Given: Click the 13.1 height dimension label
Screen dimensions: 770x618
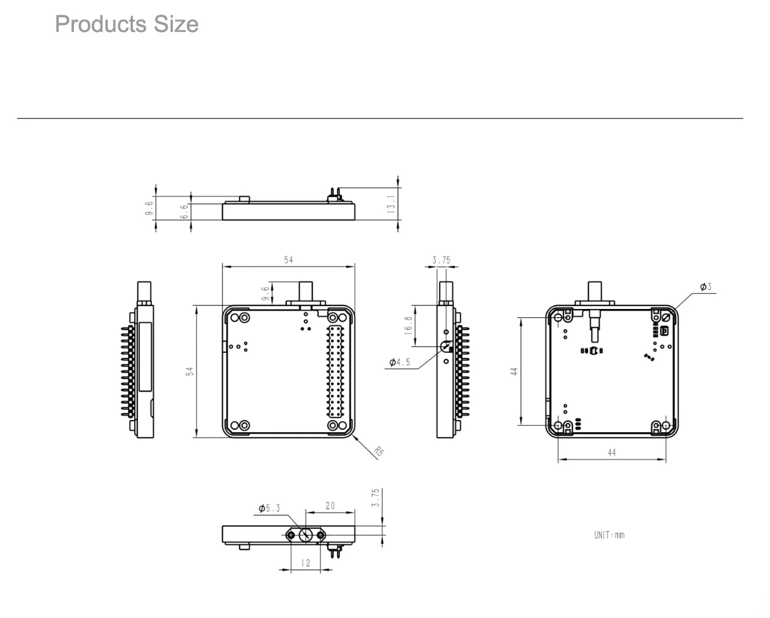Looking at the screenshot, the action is click(x=391, y=204).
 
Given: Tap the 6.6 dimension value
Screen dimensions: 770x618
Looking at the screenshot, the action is click(x=184, y=212).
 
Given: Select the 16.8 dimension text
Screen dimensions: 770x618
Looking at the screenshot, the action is click(x=408, y=326).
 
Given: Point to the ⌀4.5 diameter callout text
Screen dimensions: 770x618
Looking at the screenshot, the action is click(x=400, y=362).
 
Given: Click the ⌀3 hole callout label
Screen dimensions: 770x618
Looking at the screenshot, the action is click(x=706, y=287).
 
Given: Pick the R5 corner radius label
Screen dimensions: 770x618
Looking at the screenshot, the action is click(x=379, y=451).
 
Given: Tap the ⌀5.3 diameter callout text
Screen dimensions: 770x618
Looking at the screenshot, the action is click(x=269, y=508).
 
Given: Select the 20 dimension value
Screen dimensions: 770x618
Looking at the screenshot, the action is click(x=330, y=506).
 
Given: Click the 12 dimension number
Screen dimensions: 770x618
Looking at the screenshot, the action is click(x=306, y=563).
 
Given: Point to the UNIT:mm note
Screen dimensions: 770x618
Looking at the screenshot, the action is click(x=609, y=535).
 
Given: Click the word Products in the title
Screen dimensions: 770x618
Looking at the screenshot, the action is click(x=101, y=24).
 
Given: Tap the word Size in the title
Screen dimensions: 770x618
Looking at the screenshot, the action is click(x=176, y=24).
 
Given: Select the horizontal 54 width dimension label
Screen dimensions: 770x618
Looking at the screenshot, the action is click(x=289, y=260).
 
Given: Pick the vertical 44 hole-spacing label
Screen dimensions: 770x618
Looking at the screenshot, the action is click(x=514, y=371).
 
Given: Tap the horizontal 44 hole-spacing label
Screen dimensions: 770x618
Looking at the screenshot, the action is click(x=612, y=453).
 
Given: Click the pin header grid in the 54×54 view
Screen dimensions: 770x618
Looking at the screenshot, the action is click(x=335, y=371).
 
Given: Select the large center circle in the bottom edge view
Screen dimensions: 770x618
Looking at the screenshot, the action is click(x=305, y=535).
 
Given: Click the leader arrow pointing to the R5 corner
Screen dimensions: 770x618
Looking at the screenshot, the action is click(x=364, y=447).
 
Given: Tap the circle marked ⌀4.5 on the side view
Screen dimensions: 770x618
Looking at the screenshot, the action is click(x=446, y=346).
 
